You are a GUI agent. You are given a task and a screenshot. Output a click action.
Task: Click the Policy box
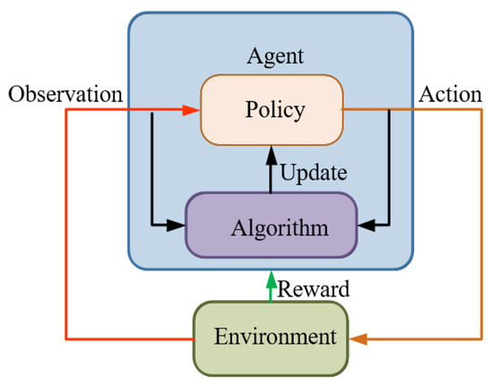[x=272, y=111]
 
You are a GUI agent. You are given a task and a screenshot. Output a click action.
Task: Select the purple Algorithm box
[x=270, y=225]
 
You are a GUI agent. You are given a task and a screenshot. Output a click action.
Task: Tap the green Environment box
[x=270, y=338]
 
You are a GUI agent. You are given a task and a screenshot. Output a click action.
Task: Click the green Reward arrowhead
[x=270, y=277]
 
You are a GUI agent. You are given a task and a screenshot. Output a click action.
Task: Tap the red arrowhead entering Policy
[x=190, y=110]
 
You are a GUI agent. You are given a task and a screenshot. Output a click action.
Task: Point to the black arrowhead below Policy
[x=270, y=155]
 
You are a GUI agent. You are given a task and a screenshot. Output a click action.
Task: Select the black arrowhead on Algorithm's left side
[x=177, y=225]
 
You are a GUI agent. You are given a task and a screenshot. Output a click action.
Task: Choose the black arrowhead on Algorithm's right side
[x=365, y=225]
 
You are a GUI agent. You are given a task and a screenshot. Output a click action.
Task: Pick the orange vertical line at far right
[x=482, y=224]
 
